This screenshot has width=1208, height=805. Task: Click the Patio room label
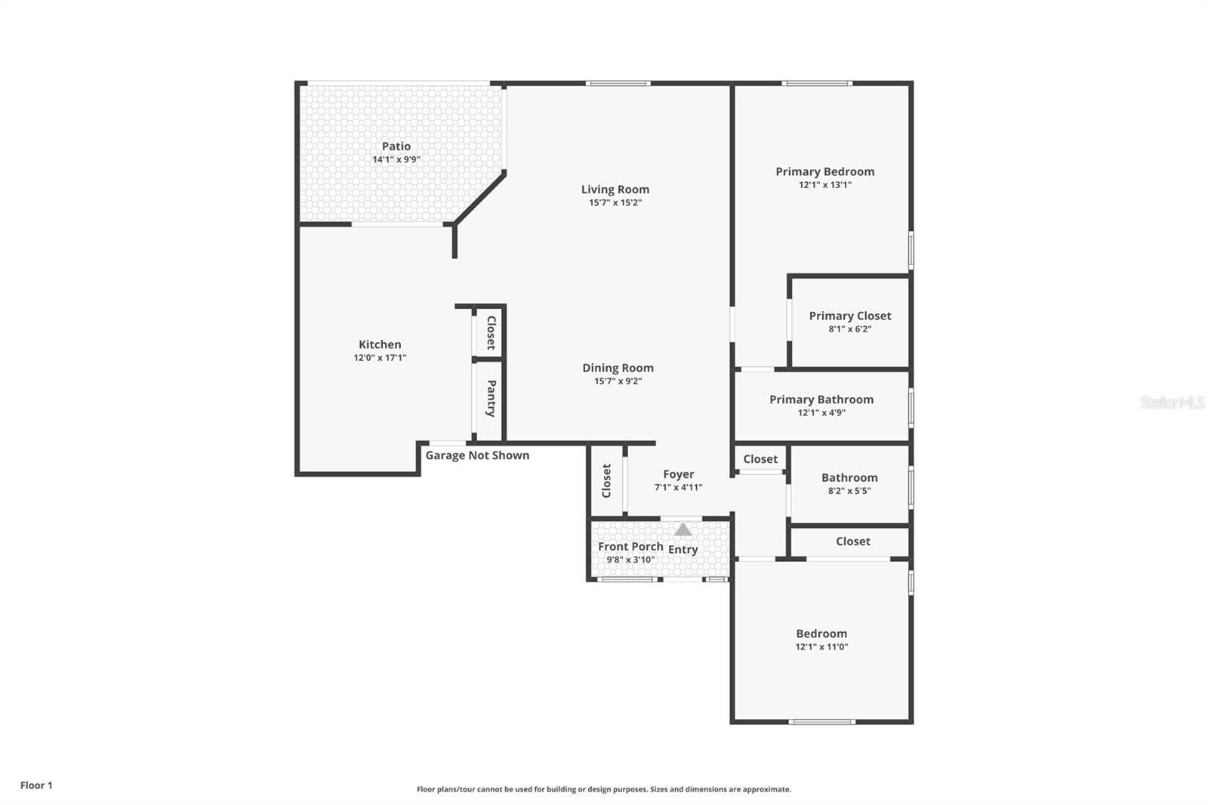(x=396, y=147)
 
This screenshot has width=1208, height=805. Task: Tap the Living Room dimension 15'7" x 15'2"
(x=615, y=202)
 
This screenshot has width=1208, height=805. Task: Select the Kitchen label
(x=380, y=344)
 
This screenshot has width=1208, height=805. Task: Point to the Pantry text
(x=491, y=399)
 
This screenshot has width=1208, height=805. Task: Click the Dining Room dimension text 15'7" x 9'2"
(x=618, y=381)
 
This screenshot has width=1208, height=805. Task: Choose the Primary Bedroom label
(x=824, y=171)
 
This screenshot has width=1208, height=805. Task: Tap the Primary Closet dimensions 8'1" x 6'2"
(x=849, y=329)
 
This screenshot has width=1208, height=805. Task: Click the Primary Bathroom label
(x=821, y=399)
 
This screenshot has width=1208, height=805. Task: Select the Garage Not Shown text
(x=477, y=455)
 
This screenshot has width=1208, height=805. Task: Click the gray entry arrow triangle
(x=683, y=530)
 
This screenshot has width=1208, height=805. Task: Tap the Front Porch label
(x=630, y=546)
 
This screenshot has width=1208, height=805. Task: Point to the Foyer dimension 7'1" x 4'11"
(x=678, y=488)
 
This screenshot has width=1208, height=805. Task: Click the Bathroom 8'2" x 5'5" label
(x=849, y=483)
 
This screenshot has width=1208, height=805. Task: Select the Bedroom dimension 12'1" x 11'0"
(x=821, y=647)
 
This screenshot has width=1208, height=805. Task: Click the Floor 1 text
(x=36, y=785)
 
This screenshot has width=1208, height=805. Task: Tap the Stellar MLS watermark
(x=1172, y=402)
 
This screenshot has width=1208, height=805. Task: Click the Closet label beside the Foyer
(x=606, y=481)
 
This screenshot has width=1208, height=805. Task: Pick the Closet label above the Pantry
(x=491, y=332)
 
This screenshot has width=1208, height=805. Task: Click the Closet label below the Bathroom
(x=852, y=541)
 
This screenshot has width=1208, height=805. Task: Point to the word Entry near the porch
(x=683, y=550)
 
